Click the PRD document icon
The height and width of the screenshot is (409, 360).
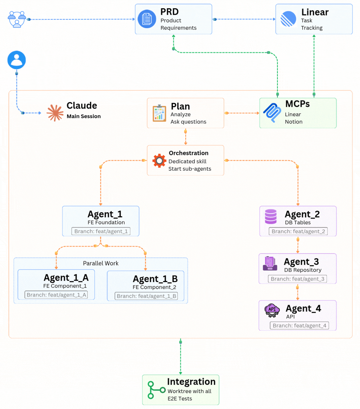[147, 19]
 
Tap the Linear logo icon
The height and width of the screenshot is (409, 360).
[288, 19]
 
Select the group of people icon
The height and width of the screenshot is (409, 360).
[17, 19]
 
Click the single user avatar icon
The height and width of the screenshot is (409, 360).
[17, 60]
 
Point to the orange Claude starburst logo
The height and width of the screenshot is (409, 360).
[55, 113]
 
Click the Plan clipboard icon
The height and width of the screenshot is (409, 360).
[159, 113]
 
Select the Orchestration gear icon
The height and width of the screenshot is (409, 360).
[159, 161]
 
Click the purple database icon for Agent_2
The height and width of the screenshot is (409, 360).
[271, 217]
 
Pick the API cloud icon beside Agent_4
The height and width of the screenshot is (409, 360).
[272, 310]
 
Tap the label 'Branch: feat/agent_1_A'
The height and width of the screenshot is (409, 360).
[56, 295]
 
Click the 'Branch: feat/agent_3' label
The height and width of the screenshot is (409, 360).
[297, 279]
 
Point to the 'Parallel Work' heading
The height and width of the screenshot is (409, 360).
[101, 263]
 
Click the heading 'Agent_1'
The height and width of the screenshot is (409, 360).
[105, 214]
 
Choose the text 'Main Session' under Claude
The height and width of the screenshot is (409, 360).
[84, 116]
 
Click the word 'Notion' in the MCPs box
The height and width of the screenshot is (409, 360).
[294, 122]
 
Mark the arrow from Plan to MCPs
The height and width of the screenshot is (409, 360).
[243, 113]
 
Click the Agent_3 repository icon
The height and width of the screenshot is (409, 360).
[270, 264]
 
